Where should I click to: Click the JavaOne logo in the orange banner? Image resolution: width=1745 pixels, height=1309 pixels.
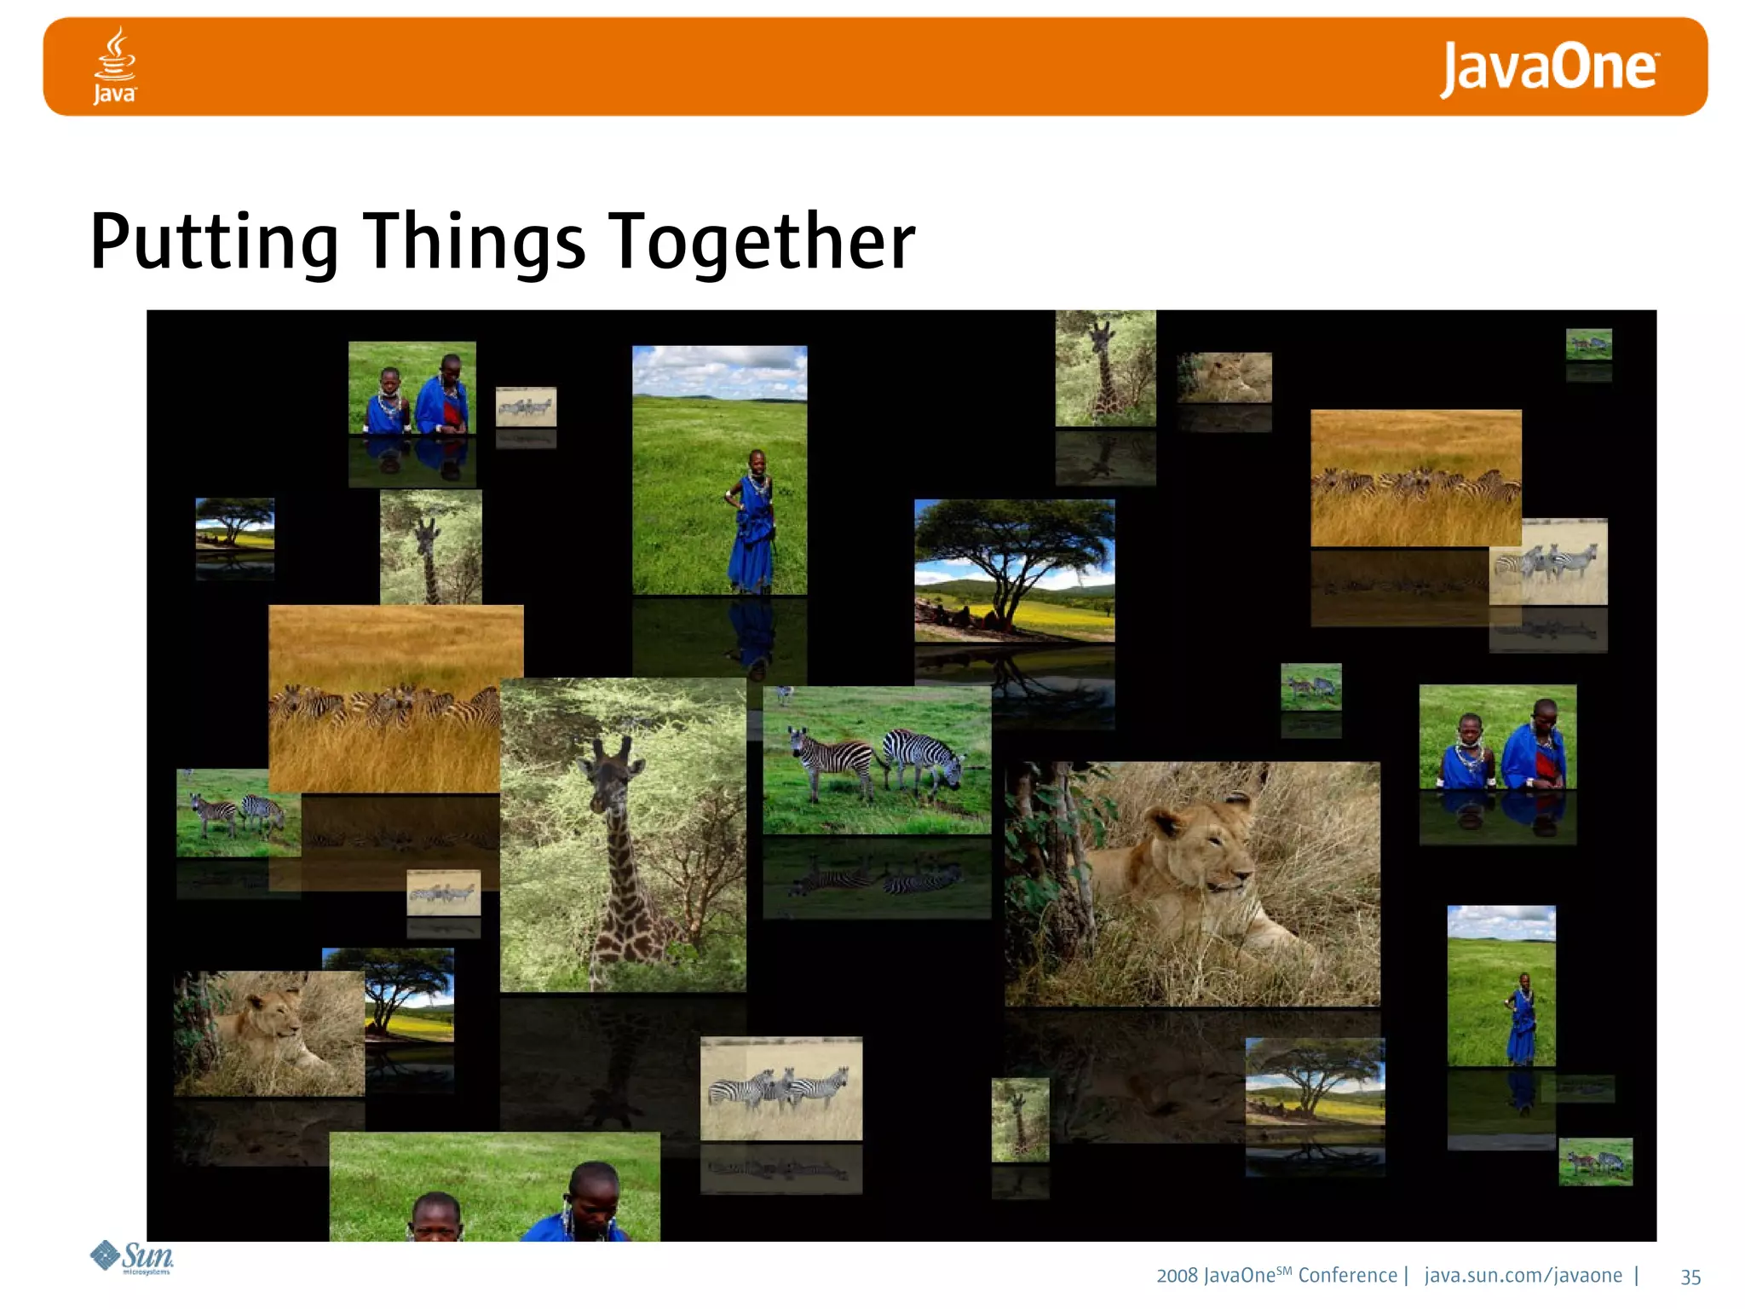pyautogui.click(x=1548, y=68)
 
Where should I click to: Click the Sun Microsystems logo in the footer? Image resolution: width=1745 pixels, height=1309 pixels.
pyautogui.click(x=133, y=1258)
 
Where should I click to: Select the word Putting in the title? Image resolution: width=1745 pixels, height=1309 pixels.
pyautogui.click(x=214, y=243)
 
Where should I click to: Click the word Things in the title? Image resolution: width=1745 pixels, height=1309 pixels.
pyautogui.click(x=474, y=243)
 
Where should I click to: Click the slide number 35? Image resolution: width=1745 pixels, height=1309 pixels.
pyautogui.click(x=1690, y=1277)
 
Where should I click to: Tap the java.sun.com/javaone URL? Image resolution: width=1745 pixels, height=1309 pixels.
pyautogui.click(x=1523, y=1276)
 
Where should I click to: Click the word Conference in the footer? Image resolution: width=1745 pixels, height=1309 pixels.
pyautogui.click(x=1347, y=1276)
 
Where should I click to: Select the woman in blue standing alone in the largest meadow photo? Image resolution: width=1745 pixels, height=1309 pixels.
pyautogui.click(x=752, y=520)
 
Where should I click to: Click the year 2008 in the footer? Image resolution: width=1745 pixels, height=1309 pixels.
pyautogui.click(x=1177, y=1276)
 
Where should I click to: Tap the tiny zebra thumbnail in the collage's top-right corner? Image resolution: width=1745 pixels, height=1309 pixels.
pyautogui.click(x=1588, y=344)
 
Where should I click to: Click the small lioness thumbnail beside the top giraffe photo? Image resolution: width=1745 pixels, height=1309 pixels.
pyautogui.click(x=1224, y=378)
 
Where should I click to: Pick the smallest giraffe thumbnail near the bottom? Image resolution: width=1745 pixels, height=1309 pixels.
pyautogui.click(x=1020, y=1119)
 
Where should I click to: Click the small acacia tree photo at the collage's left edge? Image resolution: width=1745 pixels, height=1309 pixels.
pyautogui.click(x=235, y=523)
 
